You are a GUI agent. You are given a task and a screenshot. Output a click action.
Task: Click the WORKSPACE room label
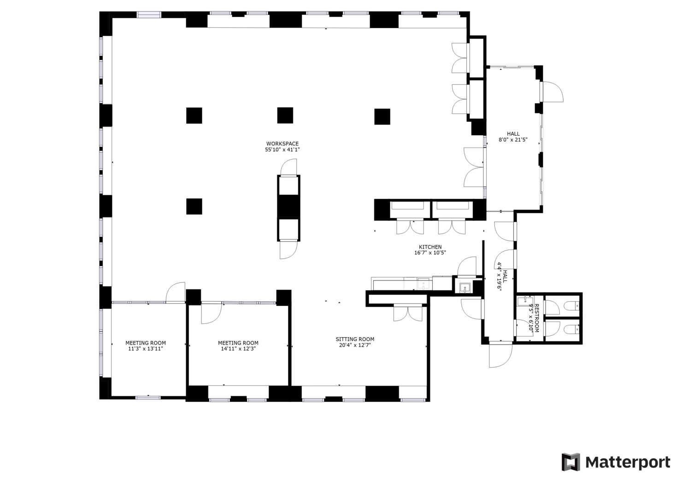[282, 143]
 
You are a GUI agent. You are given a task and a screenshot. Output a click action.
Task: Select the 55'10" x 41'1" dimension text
[282, 150]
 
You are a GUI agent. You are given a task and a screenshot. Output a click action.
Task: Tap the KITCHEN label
[430, 247]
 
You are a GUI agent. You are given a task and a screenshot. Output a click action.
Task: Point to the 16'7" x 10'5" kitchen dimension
[430, 253]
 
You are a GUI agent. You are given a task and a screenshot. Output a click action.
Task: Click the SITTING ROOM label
[355, 339]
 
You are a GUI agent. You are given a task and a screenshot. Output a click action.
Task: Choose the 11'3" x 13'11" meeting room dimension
[146, 349]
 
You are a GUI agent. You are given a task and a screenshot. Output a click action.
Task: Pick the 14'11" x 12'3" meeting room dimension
[238, 349]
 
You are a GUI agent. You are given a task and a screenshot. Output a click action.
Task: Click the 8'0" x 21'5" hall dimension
[513, 140]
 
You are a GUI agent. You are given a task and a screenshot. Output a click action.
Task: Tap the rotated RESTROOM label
[536, 318]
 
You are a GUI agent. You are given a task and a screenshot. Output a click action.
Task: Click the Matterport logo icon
[570, 462]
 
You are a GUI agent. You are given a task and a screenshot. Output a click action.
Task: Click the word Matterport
[628, 462]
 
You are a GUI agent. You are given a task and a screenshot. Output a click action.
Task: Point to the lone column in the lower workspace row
[194, 206]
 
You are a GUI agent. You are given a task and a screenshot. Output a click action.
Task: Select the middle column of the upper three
[285, 115]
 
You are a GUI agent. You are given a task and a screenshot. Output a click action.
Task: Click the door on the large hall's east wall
[552, 92]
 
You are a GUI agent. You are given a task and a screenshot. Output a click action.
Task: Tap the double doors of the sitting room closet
[408, 313]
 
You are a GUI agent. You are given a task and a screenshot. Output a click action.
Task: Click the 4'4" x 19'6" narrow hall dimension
[499, 276]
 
